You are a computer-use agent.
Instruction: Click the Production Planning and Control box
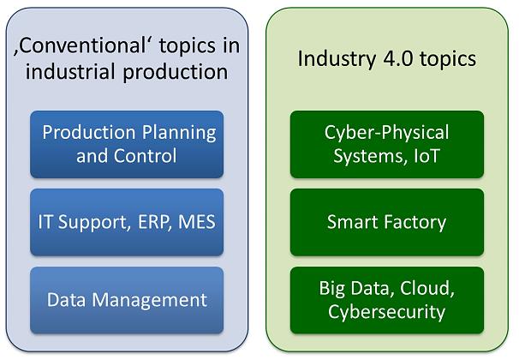tap(127, 144)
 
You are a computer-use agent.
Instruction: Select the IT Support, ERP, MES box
tap(127, 222)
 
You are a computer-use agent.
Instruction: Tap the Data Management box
tap(127, 300)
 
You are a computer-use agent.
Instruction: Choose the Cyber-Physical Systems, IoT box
tap(386, 144)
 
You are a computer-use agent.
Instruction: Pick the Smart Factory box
tap(386, 222)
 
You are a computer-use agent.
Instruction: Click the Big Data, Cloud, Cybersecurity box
tap(386, 300)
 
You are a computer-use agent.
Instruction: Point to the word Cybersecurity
tap(386, 311)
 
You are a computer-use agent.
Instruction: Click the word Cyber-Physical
tap(386, 133)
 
